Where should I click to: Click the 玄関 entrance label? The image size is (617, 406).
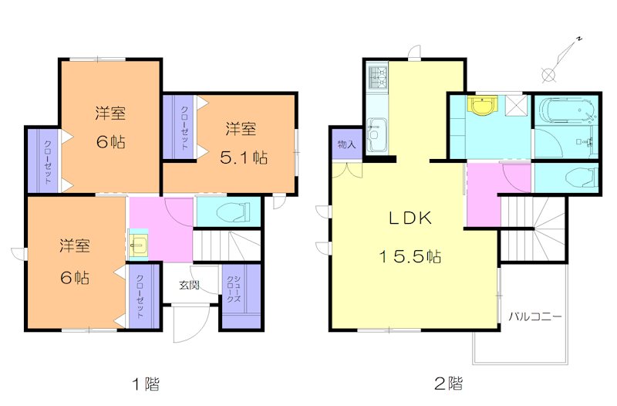(x=190, y=285)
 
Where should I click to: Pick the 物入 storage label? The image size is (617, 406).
(x=346, y=144)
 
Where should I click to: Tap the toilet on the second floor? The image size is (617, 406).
(x=578, y=178)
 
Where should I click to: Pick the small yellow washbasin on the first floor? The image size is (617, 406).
(x=137, y=245)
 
